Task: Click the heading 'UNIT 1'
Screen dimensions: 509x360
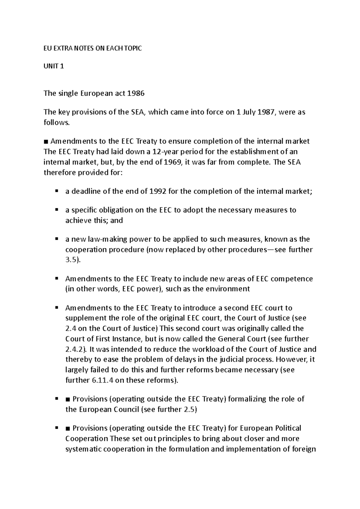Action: (x=54, y=67)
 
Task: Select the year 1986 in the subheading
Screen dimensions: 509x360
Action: (x=136, y=93)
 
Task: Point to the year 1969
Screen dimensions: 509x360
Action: (x=173, y=162)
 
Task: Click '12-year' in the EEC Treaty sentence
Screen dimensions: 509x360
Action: (x=166, y=152)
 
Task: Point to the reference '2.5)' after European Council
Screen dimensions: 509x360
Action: (x=190, y=409)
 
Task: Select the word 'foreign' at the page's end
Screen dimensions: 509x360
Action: (x=303, y=449)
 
